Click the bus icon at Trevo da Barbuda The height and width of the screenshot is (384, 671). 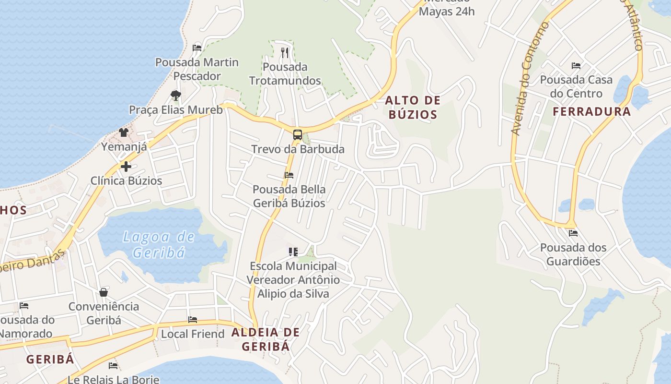[298, 135]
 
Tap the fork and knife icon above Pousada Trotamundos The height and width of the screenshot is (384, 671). [285, 52]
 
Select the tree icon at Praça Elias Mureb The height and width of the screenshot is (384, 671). [176, 95]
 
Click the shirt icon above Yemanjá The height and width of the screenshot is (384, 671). [124, 132]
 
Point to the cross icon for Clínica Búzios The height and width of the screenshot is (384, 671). [126, 167]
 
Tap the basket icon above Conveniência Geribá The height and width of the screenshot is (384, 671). [104, 292]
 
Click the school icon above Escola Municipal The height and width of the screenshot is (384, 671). [293, 252]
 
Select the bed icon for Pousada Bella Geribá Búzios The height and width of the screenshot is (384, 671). [289, 175]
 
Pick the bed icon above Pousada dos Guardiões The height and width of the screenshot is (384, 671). [573, 234]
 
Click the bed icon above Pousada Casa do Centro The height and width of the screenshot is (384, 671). [576, 66]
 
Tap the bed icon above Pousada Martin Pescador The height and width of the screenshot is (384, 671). [197, 48]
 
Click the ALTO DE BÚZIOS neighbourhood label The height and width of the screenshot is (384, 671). [413, 108]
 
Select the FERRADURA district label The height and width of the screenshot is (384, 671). [591, 112]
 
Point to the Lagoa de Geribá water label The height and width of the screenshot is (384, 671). [159, 244]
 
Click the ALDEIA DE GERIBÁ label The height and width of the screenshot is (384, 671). [266, 339]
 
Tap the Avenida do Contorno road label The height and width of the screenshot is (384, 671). [530, 79]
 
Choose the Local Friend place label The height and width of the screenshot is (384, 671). [193, 334]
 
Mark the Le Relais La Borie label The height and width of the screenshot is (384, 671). [113, 379]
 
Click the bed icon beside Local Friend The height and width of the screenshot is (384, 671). [193, 320]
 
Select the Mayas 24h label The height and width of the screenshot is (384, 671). [447, 11]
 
